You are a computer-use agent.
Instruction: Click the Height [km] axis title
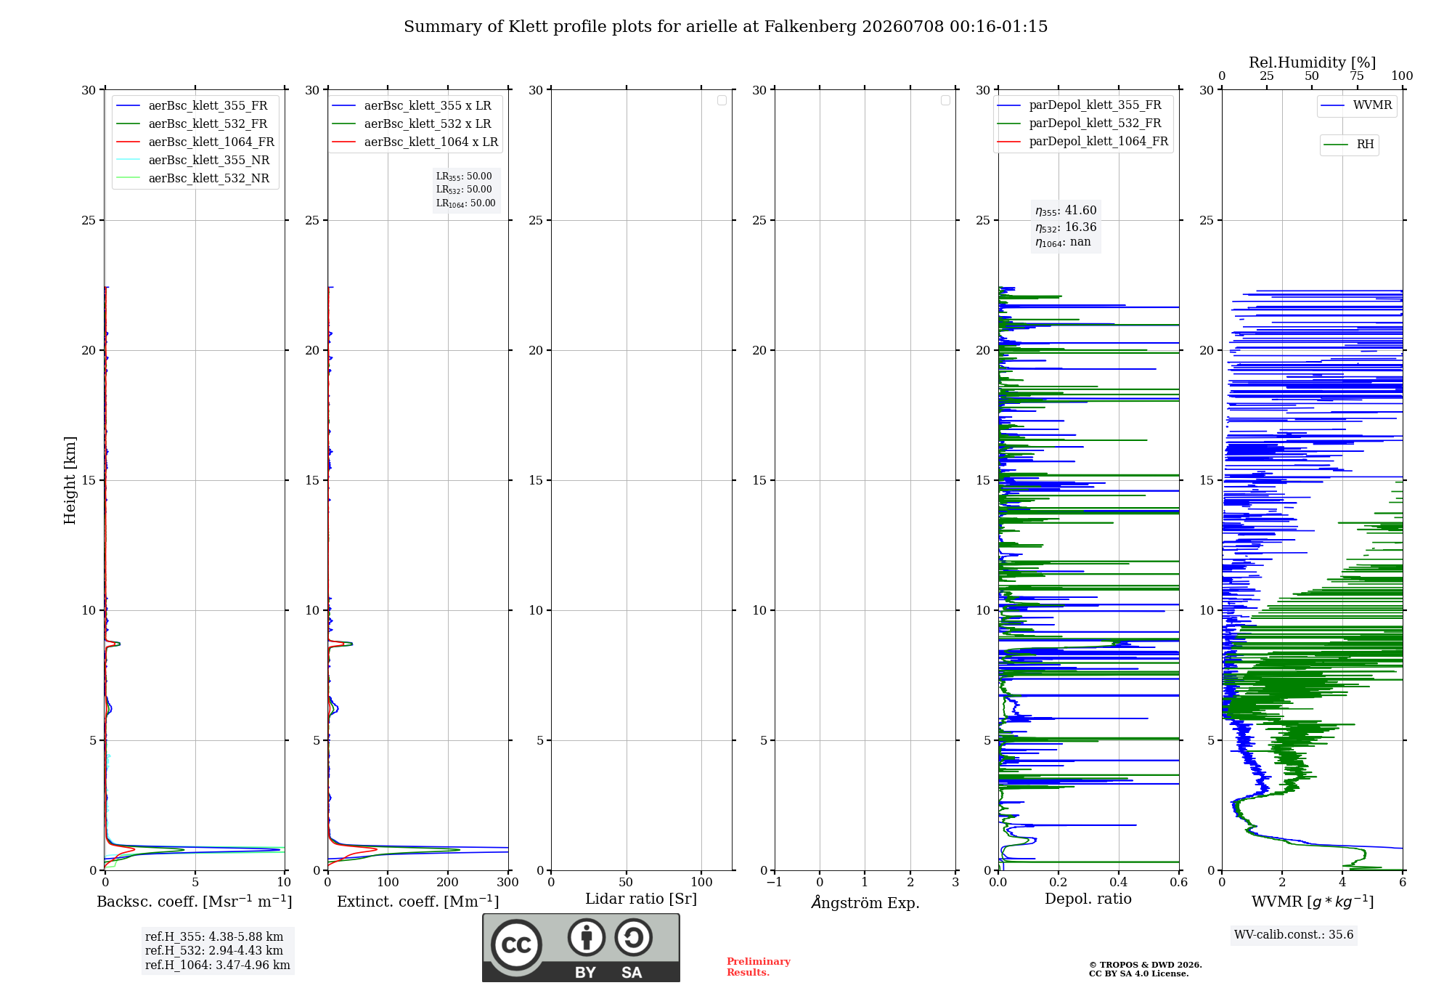coord(70,480)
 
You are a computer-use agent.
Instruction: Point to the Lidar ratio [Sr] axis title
coord(641,899)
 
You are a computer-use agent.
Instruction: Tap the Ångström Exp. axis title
coord(865,902)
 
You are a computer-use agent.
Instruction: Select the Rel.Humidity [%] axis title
coord(1313,62)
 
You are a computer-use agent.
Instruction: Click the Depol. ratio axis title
coord(1088,899)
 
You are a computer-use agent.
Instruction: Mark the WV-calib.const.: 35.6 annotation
coord(1294,935)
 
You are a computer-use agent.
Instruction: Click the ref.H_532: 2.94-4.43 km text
coord(214,951)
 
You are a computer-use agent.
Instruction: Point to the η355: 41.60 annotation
coord(1066,211)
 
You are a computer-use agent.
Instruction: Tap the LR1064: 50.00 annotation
coord(466,203)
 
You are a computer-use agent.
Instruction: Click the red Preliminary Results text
coord(759,967)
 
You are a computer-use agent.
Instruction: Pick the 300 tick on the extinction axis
coord(508,882)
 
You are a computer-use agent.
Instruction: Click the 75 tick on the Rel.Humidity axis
coord(1357,76)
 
